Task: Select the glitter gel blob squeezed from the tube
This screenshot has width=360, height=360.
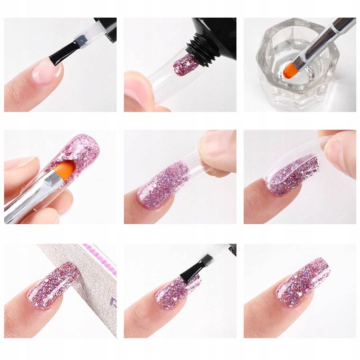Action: pyautogui.click(x=185, y=64)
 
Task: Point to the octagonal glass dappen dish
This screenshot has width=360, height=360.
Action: pyautogui.click(x=273, y=86)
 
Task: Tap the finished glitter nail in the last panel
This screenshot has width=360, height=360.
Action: pyautogui.click(x=302, y=284)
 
